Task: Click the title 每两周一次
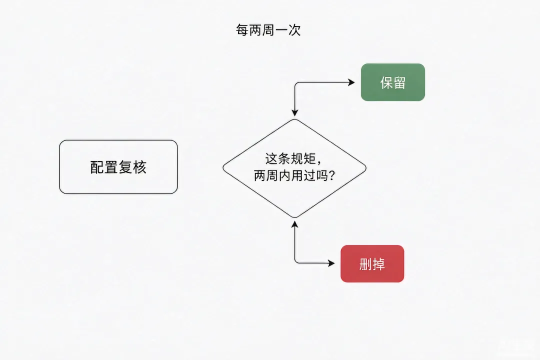pos(268,30)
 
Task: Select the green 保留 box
pos(393,82)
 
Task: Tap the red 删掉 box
pos(372,264)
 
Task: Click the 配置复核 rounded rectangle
pos(118,167)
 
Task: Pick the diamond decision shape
pos(294,168)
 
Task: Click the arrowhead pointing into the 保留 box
pos(351,82)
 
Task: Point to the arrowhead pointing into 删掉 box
pos(331,263)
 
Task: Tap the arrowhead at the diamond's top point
pos(295,112)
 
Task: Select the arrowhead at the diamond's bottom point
pos(295,224)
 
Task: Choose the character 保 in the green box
pos(386,82)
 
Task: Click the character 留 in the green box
pos(399,82)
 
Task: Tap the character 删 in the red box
pos(365,264)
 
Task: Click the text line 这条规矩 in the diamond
pos(290,159)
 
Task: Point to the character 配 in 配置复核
pos(97,167)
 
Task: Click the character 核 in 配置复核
pos(139,167)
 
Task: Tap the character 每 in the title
pos(242,30)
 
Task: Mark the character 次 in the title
pos(294,30)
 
